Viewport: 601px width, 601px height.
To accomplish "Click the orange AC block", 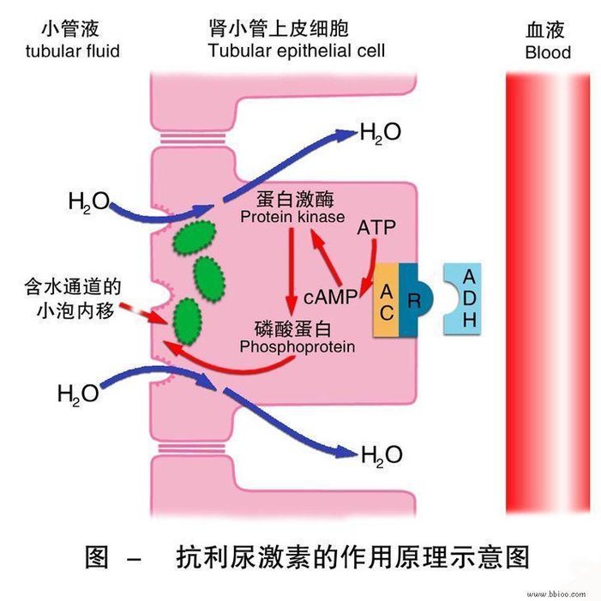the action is (x=386, y=300).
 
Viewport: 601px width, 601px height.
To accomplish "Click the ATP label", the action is (x=376, y=228).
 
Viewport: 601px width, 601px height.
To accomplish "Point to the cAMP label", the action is (x=330, y=297).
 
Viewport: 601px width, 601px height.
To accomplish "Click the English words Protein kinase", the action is (x=292, y=217).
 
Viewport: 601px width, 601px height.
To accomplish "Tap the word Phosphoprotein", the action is (x=297, y=347).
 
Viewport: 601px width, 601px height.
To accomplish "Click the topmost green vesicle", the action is (x=195, y=237).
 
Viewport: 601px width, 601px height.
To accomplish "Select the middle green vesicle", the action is (x=209, y=279).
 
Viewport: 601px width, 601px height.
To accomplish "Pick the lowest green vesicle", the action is (x=187, y=322).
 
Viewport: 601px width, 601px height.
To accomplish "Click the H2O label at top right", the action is (x=381, y=133).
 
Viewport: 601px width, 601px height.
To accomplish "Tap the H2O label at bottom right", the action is (x=382, y=455).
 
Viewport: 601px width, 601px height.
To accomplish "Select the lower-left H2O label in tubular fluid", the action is (x=78, y=394).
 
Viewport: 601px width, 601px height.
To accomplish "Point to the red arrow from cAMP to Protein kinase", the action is (x=325, y=256).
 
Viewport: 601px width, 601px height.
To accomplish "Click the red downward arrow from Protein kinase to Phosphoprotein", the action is (x=291, y=273).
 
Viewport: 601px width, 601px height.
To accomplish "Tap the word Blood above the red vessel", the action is (x=548, y=52).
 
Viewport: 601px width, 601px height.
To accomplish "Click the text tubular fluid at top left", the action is (x=72, y=51).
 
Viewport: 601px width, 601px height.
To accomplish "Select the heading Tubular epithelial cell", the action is (x=297, y=51).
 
